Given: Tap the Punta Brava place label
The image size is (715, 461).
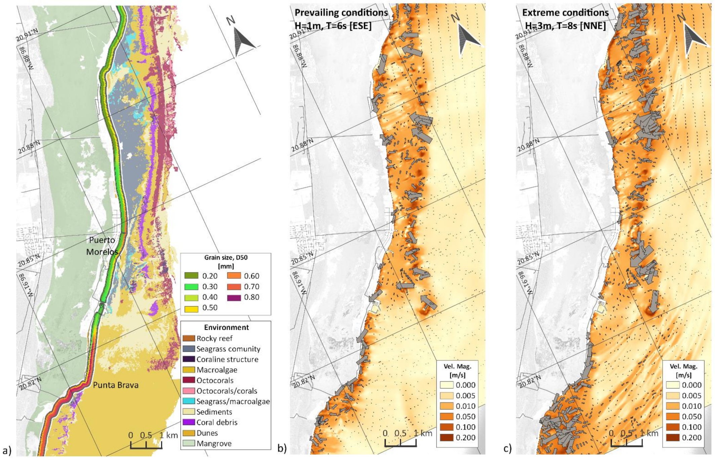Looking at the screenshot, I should coord(116,385).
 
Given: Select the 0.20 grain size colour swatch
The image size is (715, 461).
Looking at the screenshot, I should coord(191,276).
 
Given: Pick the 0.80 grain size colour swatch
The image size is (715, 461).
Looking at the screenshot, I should coord(234,297).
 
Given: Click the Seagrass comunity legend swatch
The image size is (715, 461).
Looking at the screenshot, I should coord(189,349).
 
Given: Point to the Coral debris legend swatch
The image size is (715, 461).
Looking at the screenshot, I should coord(189,422).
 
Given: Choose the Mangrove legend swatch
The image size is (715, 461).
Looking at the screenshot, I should coord(189,444).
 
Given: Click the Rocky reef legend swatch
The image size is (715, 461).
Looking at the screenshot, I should coord(189,338).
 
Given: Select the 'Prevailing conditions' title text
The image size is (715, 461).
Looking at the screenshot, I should coord(341,13).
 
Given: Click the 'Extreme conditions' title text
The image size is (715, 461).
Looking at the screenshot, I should coord(565,13).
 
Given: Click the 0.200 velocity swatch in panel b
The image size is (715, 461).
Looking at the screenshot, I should coord(446,437).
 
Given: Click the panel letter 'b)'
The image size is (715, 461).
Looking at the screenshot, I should coord(281,449).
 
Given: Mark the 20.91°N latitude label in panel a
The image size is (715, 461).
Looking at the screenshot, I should coord(27,36).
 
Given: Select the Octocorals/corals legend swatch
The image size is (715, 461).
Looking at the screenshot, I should coord(189,391).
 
